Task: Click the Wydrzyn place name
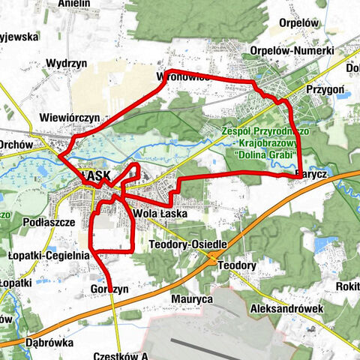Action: tap(64, 64)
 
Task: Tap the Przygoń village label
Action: tap(325, 88)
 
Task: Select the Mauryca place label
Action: tap(193, 298)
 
